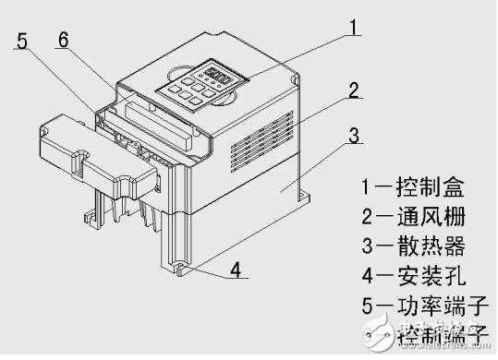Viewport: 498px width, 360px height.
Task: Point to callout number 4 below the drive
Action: [236, 271]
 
